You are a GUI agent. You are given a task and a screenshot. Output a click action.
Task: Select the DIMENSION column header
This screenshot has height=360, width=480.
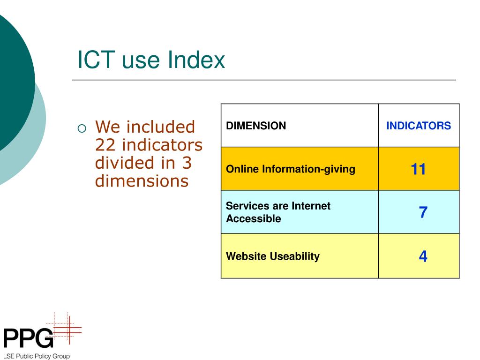tap(256, 126)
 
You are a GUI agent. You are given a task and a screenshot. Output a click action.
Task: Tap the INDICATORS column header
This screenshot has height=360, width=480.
tap(418, 126)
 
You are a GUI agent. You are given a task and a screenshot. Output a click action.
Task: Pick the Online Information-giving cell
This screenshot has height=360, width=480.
tap(291, 169)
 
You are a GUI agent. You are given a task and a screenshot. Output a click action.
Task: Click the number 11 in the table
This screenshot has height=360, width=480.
tap(418, 169)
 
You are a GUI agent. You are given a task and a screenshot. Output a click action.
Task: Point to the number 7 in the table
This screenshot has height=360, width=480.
tap(423, 212)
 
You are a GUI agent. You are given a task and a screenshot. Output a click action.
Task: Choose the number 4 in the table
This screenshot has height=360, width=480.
tap(423, 256)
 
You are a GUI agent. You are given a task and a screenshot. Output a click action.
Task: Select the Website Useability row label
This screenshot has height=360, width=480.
tap(272, 256)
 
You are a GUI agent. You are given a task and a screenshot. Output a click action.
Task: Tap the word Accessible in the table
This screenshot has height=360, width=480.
tap(253, 218)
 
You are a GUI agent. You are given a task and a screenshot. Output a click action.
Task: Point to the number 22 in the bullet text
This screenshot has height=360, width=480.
tap(106, 145)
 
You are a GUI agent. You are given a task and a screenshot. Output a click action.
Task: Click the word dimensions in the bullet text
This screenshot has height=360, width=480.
tap(142, 180)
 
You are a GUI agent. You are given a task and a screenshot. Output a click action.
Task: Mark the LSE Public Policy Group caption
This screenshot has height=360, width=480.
tap(36, 356)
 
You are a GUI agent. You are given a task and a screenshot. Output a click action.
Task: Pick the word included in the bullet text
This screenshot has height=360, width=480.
tap(161, 127)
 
